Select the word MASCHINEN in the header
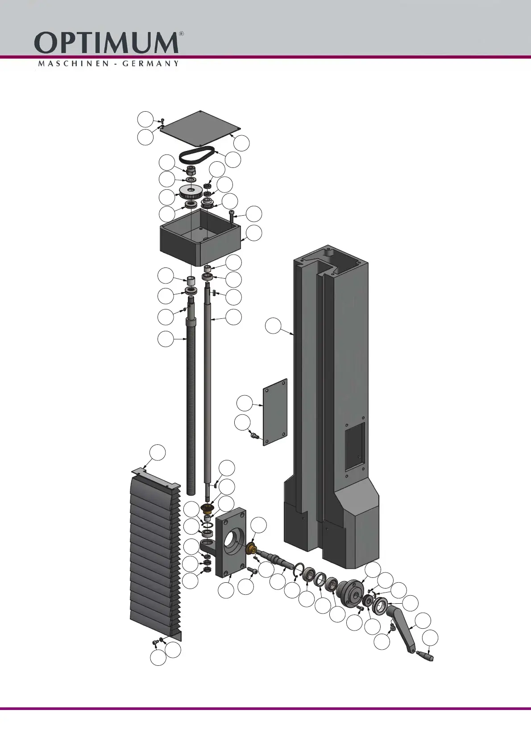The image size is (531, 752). pos(73,63)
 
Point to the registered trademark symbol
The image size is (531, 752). pos(181,34)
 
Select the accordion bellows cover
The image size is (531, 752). pos(154,554)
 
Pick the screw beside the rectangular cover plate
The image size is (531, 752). pos(255,434)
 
